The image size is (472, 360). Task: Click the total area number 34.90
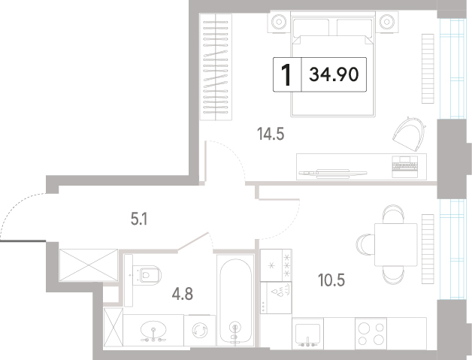[334, 74]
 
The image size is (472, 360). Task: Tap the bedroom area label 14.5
[271, 134]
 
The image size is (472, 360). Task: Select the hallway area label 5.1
[139, 219]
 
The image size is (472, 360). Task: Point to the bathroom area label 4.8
[183, 294]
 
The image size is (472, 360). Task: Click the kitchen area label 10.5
[331, 280]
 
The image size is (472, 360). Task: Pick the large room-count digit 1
[286, 74]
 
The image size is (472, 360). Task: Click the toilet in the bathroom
[147, 275]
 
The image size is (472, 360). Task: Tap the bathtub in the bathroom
[235, 301]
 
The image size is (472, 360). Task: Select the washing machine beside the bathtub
[200, 331]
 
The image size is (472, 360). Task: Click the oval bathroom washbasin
[153, 330]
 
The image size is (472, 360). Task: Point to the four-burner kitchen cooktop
[371, 334]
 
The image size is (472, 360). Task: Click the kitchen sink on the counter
[307, 334]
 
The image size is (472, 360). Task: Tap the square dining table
[396, 245]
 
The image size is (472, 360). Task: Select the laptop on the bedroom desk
[405, 167]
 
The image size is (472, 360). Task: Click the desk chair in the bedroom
[409, 133]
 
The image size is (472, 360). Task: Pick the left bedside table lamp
[279, 22]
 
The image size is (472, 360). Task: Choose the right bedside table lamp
[386, 22]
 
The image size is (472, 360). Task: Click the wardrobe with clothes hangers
[216, 67]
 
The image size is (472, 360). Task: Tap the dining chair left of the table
[365, 245]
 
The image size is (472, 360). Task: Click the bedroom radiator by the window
[428, 68]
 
